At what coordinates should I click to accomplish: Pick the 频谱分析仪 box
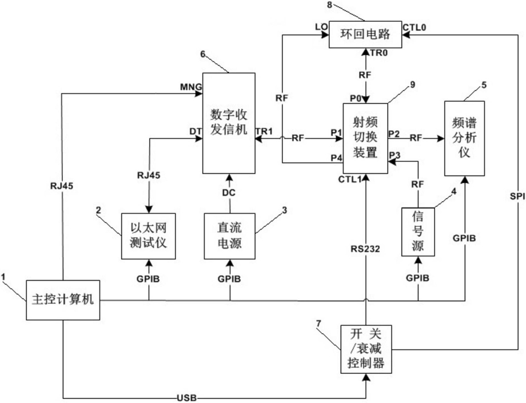pos(465,138)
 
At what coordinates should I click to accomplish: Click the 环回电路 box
pos(367,34)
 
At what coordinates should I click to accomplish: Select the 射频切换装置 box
pos(365,138)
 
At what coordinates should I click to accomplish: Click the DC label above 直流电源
pos(230,193)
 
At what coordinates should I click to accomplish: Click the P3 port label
pos(394,154)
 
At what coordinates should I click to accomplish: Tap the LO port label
pos(320,26)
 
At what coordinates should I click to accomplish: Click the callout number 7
pos(318,324)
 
